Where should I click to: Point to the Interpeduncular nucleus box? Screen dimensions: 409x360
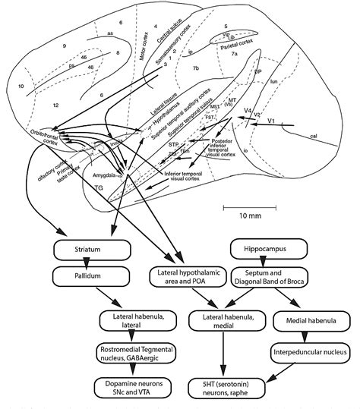(304, 352)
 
